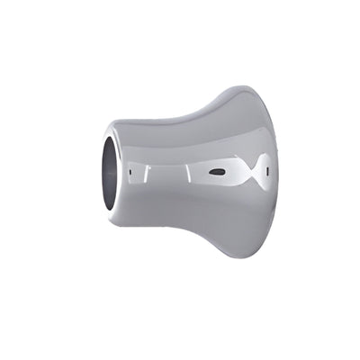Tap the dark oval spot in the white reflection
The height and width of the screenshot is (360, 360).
[216, 171]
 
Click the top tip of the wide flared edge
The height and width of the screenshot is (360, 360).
[239, 87]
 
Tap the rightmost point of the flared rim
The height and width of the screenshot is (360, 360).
[277, 171]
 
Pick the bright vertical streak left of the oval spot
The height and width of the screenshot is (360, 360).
[186, 170]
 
